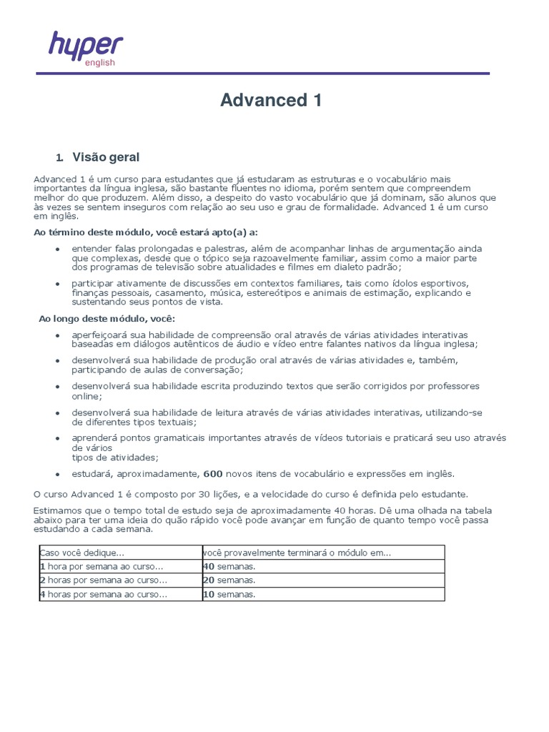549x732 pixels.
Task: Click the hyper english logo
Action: [x=85, y=49]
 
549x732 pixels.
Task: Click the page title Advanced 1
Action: [x=271, y=101]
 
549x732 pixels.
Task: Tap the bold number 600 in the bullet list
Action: [x=213, y=473]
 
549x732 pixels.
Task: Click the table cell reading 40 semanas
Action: [x=229, y=566]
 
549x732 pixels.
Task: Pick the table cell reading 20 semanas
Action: [x=229, y=580]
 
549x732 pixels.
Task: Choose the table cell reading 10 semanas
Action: [x=229, y=594]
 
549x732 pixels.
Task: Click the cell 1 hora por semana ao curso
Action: [x=103, y=566]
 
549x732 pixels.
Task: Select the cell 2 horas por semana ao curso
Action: [x=103, y=580]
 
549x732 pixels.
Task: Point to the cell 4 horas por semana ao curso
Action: [x=103, y=594]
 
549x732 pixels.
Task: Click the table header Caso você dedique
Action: [x=82, y=553]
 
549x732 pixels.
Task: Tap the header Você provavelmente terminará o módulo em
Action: [x=297, y=553]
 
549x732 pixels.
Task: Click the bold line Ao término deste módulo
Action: [x=145, y=232]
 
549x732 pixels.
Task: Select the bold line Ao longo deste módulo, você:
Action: [x=107, y=318]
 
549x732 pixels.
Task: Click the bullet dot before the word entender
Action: [x=57, y=249]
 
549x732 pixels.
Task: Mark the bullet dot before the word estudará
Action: [x=57, y=474]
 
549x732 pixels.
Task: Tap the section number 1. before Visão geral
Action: [x=60, y=158]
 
